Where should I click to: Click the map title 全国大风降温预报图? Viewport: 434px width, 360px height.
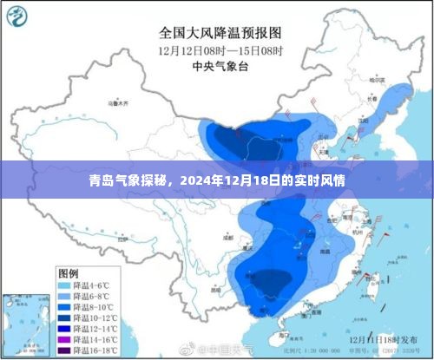(x=220, y=33)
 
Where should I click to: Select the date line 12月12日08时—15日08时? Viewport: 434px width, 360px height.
(x=220, y=51)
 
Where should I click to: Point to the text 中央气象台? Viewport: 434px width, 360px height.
(x=220, y=68)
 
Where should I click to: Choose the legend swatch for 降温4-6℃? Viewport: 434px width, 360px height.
(x=64, y=285)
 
